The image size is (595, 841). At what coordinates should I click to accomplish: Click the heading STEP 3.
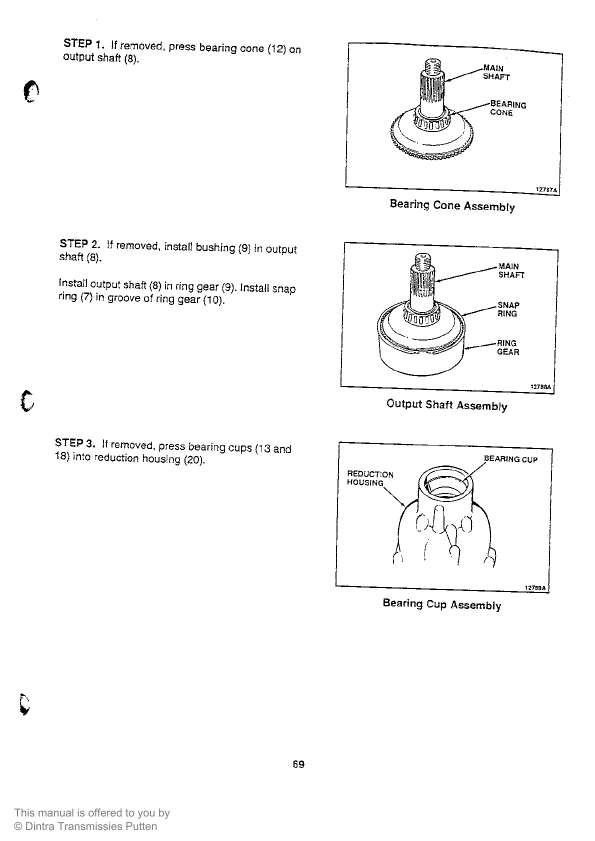(74, 443)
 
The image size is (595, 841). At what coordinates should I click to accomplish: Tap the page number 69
(298, 764)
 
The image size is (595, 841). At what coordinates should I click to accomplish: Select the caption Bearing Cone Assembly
(452, 205)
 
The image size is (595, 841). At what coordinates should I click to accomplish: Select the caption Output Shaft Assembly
(446, 404)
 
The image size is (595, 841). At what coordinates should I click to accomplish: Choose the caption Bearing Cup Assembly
(441, 604)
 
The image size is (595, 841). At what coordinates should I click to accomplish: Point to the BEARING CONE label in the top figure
(507, 108)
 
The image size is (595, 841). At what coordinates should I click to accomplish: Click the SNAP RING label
(508, 309)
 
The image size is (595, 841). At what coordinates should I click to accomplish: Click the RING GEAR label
(507, 347)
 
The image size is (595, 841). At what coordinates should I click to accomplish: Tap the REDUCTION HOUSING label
(369, 478)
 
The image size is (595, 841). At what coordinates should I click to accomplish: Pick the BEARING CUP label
(510, 459)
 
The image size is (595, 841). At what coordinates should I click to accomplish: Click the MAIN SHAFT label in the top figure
(495, 72)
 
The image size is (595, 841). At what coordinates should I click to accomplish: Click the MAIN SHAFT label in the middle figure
(510, 270)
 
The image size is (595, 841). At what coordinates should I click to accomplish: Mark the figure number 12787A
(546, 190)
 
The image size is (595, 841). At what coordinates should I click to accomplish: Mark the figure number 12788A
(540, 387)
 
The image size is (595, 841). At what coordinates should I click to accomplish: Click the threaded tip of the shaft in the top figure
(432, 65)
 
